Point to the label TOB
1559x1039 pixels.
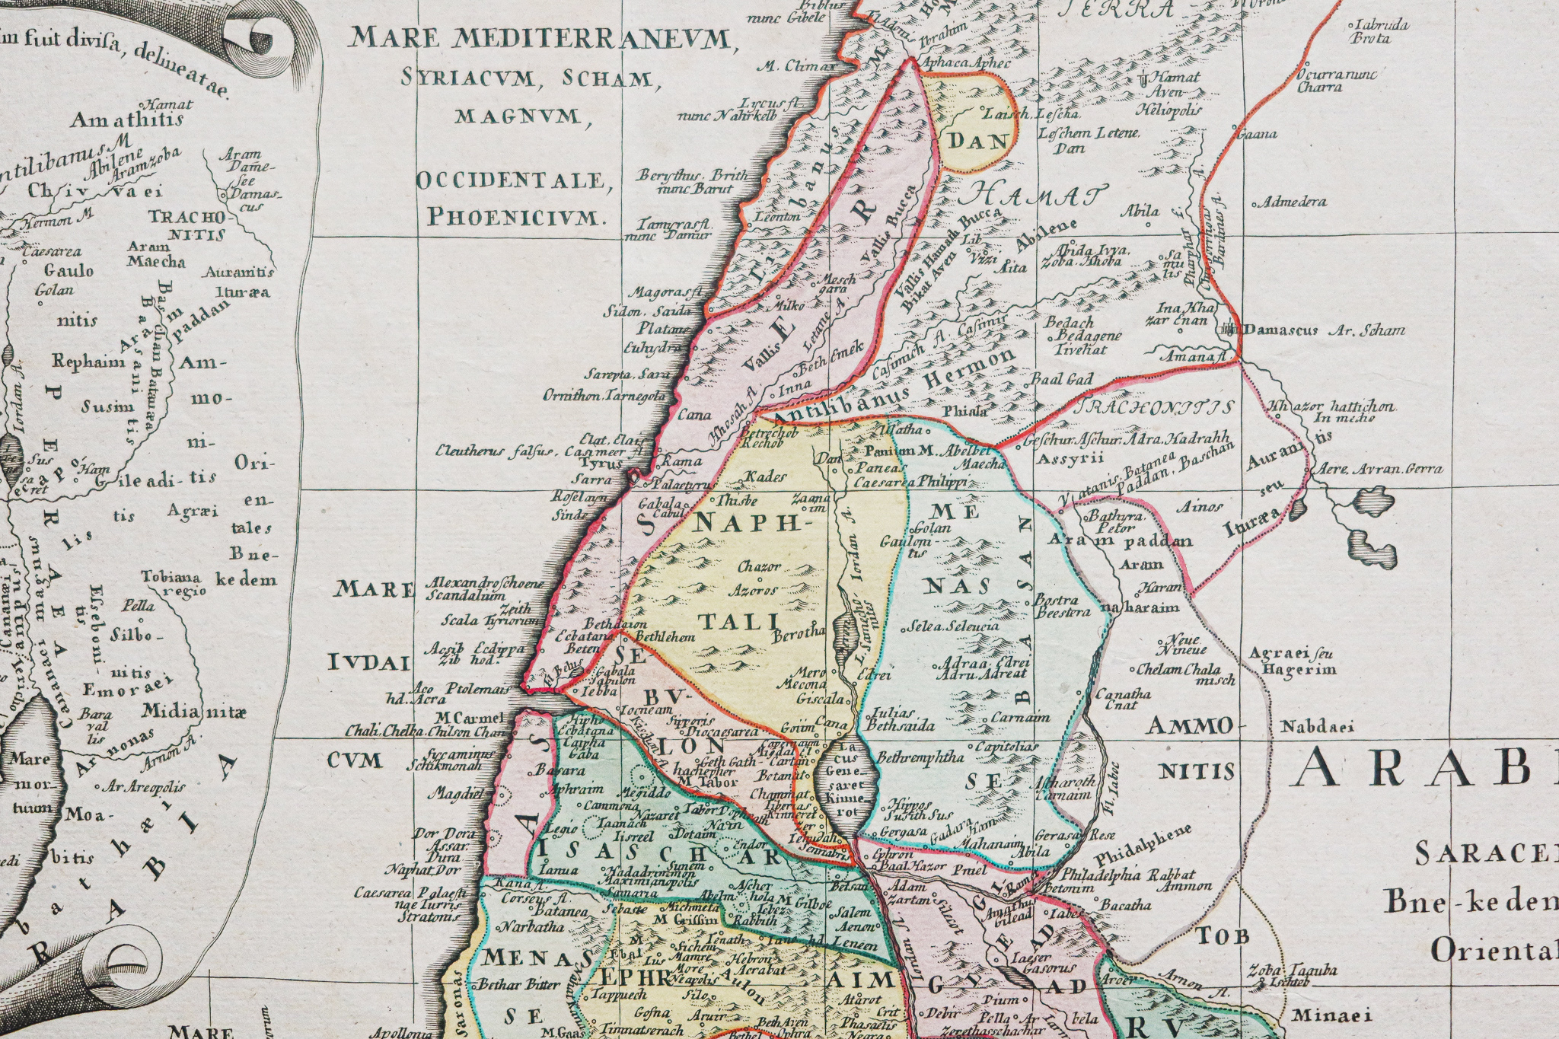1223,935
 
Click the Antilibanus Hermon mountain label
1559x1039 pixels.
894,389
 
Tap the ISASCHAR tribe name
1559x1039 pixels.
658,854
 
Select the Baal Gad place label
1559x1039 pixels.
1061,379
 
